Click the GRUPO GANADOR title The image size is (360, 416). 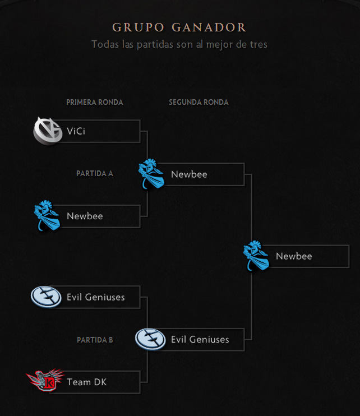pos(179,27)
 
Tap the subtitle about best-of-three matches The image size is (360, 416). pos(179,44)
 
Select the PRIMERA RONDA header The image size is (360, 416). pos(94,103)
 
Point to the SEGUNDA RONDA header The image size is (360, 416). pos(199,103)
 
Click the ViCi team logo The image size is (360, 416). pos(48,131)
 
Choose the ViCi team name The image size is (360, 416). pos(76,131)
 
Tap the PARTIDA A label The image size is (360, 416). pos(95,173)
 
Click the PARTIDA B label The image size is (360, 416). pos(95,340)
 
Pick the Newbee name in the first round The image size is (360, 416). pos(85,216)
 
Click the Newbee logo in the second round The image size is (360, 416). pos(151,174)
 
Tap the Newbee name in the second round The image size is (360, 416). pos(189,174)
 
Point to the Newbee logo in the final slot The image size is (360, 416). pos(256,256)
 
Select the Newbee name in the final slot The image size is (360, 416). pos(294,256)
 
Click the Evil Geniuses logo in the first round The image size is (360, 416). pos(46,297)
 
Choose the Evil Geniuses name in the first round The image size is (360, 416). pos(96,297)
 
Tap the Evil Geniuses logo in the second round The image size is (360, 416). pos(150,339)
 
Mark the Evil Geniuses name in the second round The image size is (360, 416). pos(200,339)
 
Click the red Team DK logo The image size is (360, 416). pos(45,380)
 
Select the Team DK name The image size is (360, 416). pos(87,382)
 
